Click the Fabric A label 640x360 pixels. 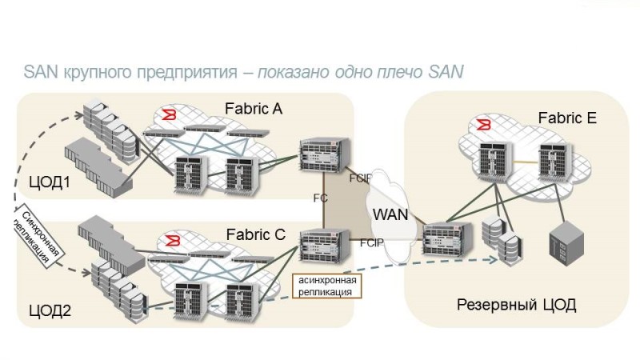[x=254, y=108]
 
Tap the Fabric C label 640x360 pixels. [x=255, y=235]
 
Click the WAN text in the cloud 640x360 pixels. [x=390, y=214]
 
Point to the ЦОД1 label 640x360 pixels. [x=50, y=182]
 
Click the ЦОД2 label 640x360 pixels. [x=50, y=310]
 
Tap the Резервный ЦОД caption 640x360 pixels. [x=517, y=305]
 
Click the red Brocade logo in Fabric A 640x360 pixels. [x=169, y=117]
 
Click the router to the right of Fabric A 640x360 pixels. [x=321, y=158]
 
